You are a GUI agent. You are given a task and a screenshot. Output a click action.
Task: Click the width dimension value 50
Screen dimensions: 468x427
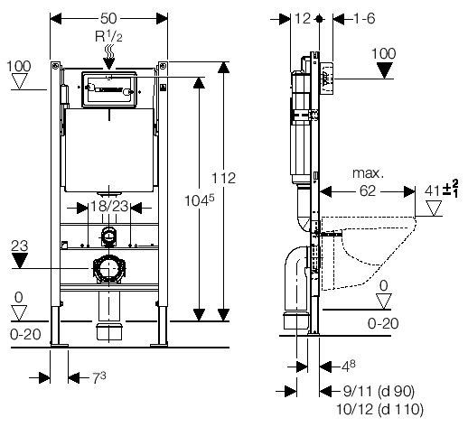[108, 19]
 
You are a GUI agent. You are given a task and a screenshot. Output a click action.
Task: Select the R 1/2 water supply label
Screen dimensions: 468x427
[108, 37]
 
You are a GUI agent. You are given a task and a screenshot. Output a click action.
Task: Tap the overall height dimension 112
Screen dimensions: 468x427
[223, 178]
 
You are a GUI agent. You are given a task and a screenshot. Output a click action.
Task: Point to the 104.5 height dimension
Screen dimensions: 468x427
[200, 200]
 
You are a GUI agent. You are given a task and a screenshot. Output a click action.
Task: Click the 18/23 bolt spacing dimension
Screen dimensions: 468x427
[109, 207]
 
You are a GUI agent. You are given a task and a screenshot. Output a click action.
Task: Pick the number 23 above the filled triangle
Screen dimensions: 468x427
[20, 246]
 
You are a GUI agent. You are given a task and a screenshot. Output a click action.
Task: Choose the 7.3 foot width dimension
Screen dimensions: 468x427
[99, 378]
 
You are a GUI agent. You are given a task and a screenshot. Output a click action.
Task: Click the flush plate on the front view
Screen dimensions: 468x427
[109, 89]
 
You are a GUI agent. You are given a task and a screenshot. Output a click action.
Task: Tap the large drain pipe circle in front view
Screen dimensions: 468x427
[108, 268]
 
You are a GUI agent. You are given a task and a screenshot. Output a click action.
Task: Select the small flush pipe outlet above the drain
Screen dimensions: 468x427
[108, 236]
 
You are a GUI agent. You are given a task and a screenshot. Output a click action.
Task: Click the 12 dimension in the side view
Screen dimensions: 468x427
[303, 19]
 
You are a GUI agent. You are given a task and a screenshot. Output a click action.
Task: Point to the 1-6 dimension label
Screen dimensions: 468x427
[363, 19]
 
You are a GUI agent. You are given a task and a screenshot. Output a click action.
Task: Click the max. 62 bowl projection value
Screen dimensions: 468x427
[368, 191]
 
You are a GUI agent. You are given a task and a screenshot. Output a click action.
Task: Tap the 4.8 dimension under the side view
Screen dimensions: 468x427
[348, 366]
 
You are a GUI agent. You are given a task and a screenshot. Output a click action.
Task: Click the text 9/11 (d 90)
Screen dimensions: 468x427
[379, 391]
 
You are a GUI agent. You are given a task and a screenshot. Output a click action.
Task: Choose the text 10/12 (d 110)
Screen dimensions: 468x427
[379, 409]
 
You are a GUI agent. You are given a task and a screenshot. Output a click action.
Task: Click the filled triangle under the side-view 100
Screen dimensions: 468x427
[385, 70]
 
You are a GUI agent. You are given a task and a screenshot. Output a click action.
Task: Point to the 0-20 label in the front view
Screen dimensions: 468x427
[25, 334]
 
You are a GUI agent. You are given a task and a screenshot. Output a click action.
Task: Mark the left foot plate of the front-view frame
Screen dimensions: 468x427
[59, 345]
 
